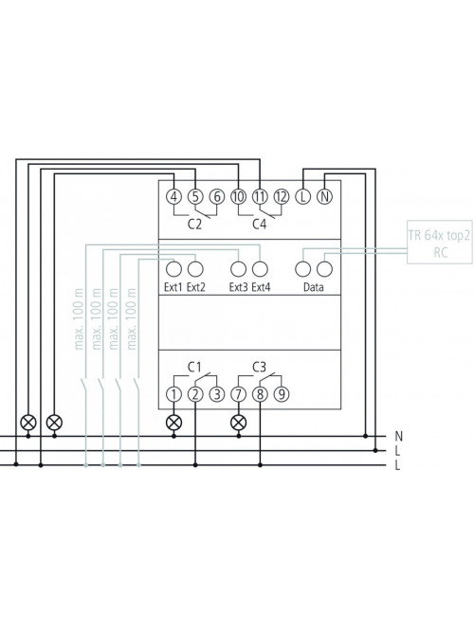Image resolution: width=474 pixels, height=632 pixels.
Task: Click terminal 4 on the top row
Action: (x=173, y=197)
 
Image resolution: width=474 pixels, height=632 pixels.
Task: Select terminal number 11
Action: (x=260, y=197)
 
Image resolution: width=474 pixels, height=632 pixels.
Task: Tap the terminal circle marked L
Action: (x=303, y=197)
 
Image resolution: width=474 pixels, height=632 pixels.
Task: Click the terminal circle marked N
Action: (x=325, y=197)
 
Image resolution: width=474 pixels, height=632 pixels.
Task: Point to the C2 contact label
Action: (x=194, y=225)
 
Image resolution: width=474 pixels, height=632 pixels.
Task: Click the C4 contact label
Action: (x=260, y=225)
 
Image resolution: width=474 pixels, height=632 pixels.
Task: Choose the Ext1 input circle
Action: (x=173, y=269)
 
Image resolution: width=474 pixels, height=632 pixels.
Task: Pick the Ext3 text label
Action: (x=238, y=287)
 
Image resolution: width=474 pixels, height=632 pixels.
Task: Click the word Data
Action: (x=314, y=287)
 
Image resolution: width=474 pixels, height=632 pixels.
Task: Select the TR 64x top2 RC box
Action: (x=440, y=242)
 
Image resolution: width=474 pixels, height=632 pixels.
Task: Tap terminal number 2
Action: (x=195, y=394)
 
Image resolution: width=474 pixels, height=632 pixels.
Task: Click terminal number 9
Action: (x=282, y=394)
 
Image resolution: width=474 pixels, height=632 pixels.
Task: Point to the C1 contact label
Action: (x=194, y=368)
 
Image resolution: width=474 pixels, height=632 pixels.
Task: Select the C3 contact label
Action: (x=260, y=368)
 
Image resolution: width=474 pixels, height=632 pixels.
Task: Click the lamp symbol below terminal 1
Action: (x=173, y=423)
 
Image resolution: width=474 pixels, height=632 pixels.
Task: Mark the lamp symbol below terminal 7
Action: (x=238, y=423)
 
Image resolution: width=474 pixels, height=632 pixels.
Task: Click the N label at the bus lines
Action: (x=398, y=436)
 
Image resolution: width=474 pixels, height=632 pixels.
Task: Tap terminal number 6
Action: (x=217, y=197)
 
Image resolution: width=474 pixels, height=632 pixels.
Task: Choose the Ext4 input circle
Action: (x=260, y=269)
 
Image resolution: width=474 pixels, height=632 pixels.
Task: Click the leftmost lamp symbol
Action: (x=28, y=423)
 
